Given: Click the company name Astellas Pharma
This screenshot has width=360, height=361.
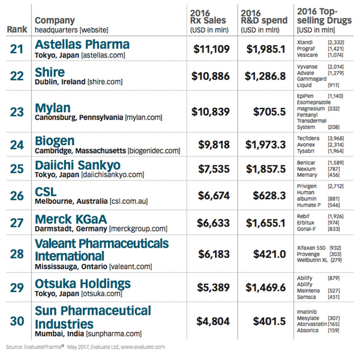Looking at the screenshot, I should [x=82, y=44].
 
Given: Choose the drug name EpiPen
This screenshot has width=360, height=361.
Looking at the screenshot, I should [x=306, y=96].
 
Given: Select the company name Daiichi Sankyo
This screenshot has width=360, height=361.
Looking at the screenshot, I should [x=78, y=164].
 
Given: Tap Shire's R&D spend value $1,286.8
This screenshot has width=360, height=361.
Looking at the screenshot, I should [x=263, y=76].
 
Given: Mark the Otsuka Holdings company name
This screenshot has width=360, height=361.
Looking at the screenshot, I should [x=83, y=283].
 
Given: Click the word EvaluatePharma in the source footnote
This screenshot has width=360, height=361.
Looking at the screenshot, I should [x=44, y=347].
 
